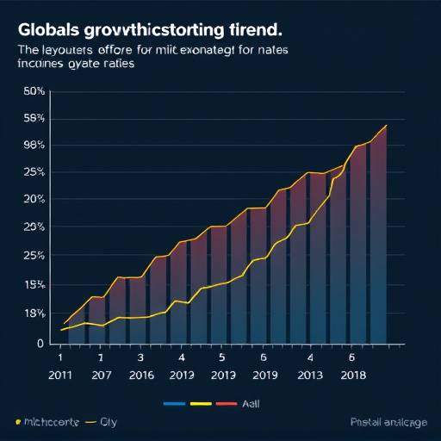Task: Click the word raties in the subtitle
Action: [x=121, y=65]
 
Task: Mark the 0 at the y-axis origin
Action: [x=39, y=344]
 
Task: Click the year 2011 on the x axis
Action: [x=60, y=375]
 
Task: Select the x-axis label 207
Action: [x=101, y=375]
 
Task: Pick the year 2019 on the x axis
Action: [x=266, y=375]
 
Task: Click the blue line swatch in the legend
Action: [x=175, y=402]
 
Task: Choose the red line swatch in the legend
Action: [x=226, y=402]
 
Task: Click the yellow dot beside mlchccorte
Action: [x=17, y=423]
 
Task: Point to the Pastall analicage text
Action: [x=388, y=422]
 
